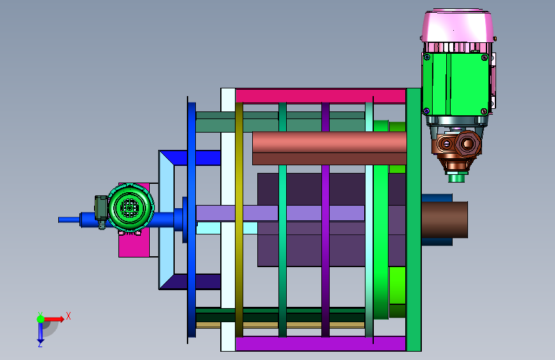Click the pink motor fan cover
pos(457,26)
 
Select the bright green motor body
pos(456,84)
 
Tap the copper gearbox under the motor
pos(457,149)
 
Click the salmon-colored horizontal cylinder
pos(329,148)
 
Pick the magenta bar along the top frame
pos(321,95)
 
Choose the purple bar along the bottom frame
pos(321,344)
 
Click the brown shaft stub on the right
pos(444,220)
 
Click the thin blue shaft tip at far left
pos(68,220)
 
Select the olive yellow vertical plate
pos(239,220)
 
